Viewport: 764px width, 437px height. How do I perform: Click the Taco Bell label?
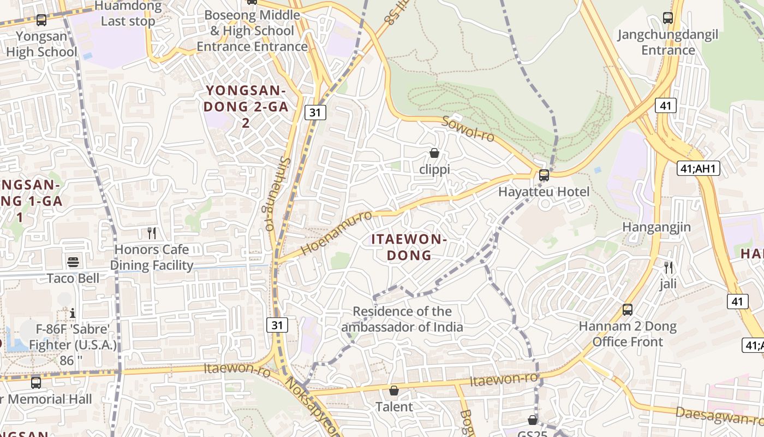73,279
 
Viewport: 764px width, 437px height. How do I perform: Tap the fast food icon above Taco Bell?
73,262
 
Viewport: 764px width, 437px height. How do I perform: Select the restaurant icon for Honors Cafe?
152,233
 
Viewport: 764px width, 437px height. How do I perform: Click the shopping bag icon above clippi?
434,153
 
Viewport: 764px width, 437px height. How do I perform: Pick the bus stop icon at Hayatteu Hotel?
544,175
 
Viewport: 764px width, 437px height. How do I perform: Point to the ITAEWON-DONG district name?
409,247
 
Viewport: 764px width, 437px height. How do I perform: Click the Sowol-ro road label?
468,128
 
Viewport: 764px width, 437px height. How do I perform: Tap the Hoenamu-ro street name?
336,232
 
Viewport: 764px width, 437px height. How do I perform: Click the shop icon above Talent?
393,391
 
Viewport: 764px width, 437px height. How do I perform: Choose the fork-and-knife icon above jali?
668,268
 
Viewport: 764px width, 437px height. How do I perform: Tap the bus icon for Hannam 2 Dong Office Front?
628,310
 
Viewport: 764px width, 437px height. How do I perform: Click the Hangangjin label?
656,227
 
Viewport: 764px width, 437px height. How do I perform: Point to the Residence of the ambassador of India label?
402,319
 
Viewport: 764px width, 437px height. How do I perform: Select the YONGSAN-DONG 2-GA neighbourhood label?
246,107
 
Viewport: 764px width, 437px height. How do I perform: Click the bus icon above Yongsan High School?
41,20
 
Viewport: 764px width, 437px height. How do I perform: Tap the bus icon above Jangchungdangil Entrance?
668,18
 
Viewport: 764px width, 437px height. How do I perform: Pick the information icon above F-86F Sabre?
73,313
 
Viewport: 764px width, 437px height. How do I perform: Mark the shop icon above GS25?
533,420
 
